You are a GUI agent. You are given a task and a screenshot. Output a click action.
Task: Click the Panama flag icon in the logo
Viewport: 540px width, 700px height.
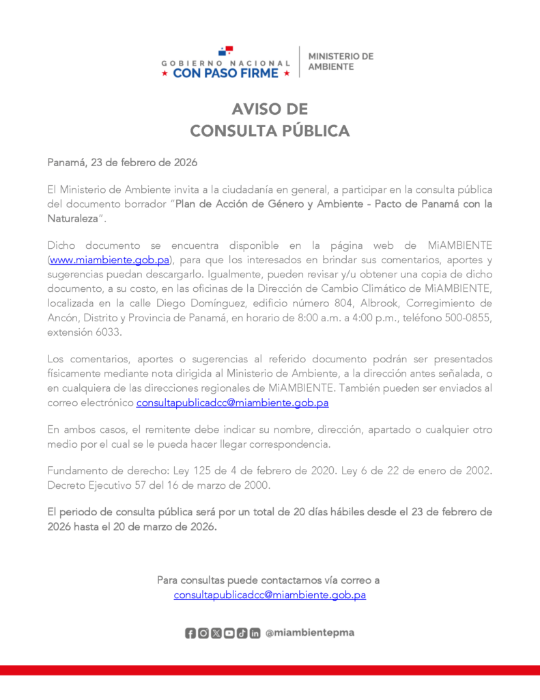pos(225,51)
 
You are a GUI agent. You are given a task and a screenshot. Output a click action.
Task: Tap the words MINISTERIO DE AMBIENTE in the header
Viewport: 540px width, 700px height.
pos(341,61)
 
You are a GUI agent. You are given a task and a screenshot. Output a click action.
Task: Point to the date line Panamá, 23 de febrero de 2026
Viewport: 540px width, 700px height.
pos(122,163)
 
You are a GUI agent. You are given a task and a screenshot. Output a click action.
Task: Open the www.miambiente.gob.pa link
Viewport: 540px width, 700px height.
pos(109,260)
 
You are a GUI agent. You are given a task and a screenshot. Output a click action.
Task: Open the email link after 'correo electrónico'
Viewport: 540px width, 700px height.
pos(232,403)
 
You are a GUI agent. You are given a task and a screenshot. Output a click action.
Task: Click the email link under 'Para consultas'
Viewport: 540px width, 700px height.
pos(270,595)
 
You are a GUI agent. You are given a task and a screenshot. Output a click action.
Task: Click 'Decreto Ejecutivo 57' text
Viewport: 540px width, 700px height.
pos(95,486)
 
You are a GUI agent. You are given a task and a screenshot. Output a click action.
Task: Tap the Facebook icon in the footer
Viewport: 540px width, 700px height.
pos(190,633)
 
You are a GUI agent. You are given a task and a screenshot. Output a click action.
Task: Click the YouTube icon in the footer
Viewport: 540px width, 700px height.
pos(229,633)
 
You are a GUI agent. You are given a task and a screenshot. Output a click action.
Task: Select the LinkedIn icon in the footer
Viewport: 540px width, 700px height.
pos(255,633)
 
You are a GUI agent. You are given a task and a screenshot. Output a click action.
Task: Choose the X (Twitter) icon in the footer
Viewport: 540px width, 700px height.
pos(216,633)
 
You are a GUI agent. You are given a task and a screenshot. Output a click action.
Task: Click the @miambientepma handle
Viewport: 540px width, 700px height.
pos(309,633)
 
